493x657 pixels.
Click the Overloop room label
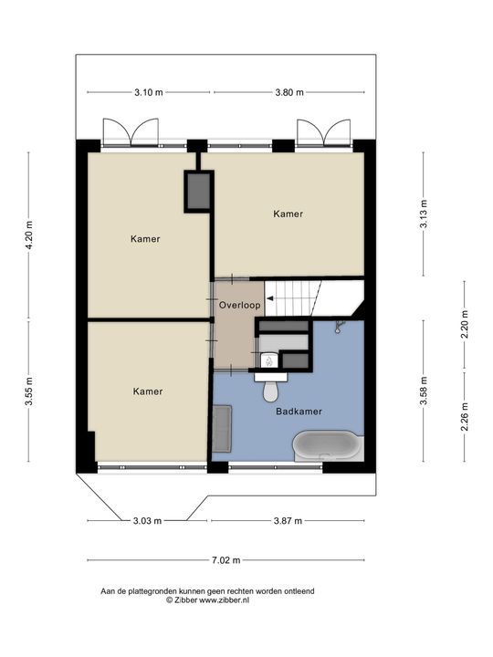[x=239, y=306]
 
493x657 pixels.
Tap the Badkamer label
[x=299, y=412]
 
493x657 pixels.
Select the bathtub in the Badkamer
[x=327, y=445]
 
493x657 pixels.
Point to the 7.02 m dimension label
[x=226, y=560]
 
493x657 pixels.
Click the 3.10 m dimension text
[x=149, y=92]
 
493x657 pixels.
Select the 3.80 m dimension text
[x=289, y=92]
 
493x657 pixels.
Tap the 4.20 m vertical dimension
[x=29, y=235]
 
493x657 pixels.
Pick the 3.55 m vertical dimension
[x=29, y=391]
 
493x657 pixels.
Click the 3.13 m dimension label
[x=424, y=214]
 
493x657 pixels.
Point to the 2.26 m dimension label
[x=465, y=416]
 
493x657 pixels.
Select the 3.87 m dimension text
[x=288, y=521]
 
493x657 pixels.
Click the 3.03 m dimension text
[x=147, y=521]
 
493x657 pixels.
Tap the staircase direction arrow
[x=270, y=298]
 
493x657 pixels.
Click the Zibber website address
[x=225, y=600]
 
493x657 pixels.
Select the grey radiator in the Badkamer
[x=222, y=428]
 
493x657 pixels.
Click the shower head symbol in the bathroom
[x=339, y=327]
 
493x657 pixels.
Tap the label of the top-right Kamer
[x=288, y=214]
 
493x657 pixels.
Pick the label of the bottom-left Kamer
[x=148, y=391]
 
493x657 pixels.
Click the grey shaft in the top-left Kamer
[x=198, y=191]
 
